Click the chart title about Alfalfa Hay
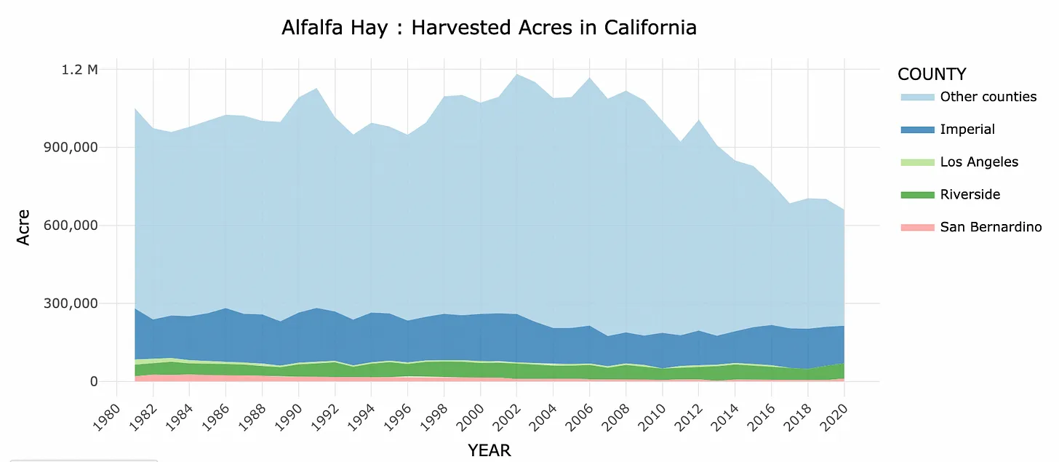click(x=489, y=28)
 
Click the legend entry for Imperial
click(x=967, y=130)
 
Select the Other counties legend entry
click(x=988, y=97)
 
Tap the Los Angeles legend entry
click(x=979, y=162)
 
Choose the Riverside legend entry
click(x=970, y=194)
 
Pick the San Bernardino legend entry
click(x=991, y=227)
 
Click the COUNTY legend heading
click(x=932, y=74)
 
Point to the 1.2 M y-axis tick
click(x=80, y=70)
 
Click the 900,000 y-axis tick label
click(x=69, y=148)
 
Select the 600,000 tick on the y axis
click(x=69, y=226)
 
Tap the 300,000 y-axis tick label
click(x=69, y=303)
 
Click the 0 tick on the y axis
click(x=92, y=381)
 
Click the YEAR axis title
click(x=489, y=450)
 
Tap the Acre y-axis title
click(x=24, y=226)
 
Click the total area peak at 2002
click(x=516, y=74)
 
